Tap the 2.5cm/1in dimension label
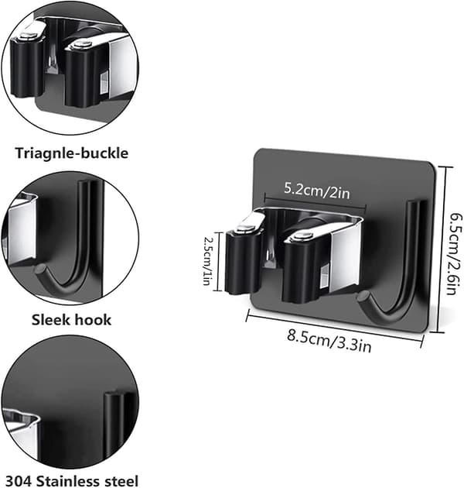(206, 261)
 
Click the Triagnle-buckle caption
(72, 153)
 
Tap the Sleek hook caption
(71, 320)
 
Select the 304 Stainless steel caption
(71, 480)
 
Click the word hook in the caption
(93, 320)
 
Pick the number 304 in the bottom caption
(19, 481)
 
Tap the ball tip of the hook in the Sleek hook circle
(39, 269)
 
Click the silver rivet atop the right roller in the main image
(302, 235)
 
